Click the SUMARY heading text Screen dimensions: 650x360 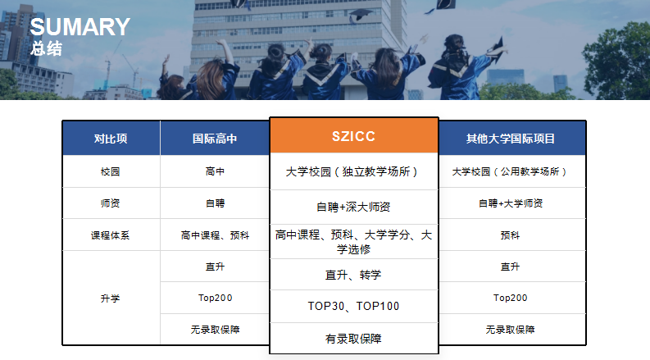tap(80, 27)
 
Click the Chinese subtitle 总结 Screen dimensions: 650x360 tap(46, 48)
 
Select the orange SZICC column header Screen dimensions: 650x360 tap(353, 136)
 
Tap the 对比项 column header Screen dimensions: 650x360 tap(111, 139)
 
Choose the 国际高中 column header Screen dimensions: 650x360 tap(215, 139)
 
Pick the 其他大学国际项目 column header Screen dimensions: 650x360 tap(511, 139)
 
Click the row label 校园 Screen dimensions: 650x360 tap(111, 171)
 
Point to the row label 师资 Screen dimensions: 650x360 tap(111, 203)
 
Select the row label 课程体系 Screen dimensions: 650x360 tap(111, 235)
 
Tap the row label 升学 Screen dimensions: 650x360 tap(111, 298)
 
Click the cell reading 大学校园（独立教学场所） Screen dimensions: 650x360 tap(352, 171)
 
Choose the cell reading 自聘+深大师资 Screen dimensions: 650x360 tap(353, 207)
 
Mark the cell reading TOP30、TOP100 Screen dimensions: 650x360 tap(353, 306)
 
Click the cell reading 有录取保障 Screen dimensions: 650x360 tap(353, 339)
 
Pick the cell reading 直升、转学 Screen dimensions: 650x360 tap(353, 275)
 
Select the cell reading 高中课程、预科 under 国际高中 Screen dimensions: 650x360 tap(215, 235)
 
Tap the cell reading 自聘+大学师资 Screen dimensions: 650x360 tap(511, 203)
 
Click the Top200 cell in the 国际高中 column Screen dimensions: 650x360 tap(215, 298)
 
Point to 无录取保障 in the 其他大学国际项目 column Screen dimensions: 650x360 tap(511, 330)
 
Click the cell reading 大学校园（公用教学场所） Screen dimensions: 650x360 tap(510, 171)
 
